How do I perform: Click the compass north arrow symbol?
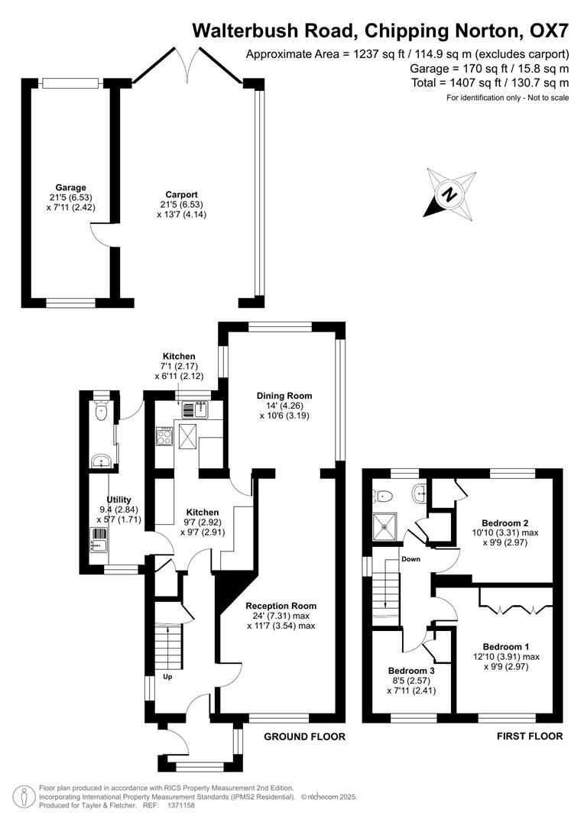(x=450, y=193)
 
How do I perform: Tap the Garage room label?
(x=70, y=187)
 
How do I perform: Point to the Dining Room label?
(x=284, y=396)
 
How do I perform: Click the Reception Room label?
(x=281, y=606)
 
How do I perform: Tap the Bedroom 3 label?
(x=411, y=671)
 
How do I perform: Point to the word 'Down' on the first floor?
(x=411, y=559)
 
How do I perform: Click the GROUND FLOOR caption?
(x=304, y=737)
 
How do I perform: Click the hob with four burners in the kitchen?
(x=164, y=436)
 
